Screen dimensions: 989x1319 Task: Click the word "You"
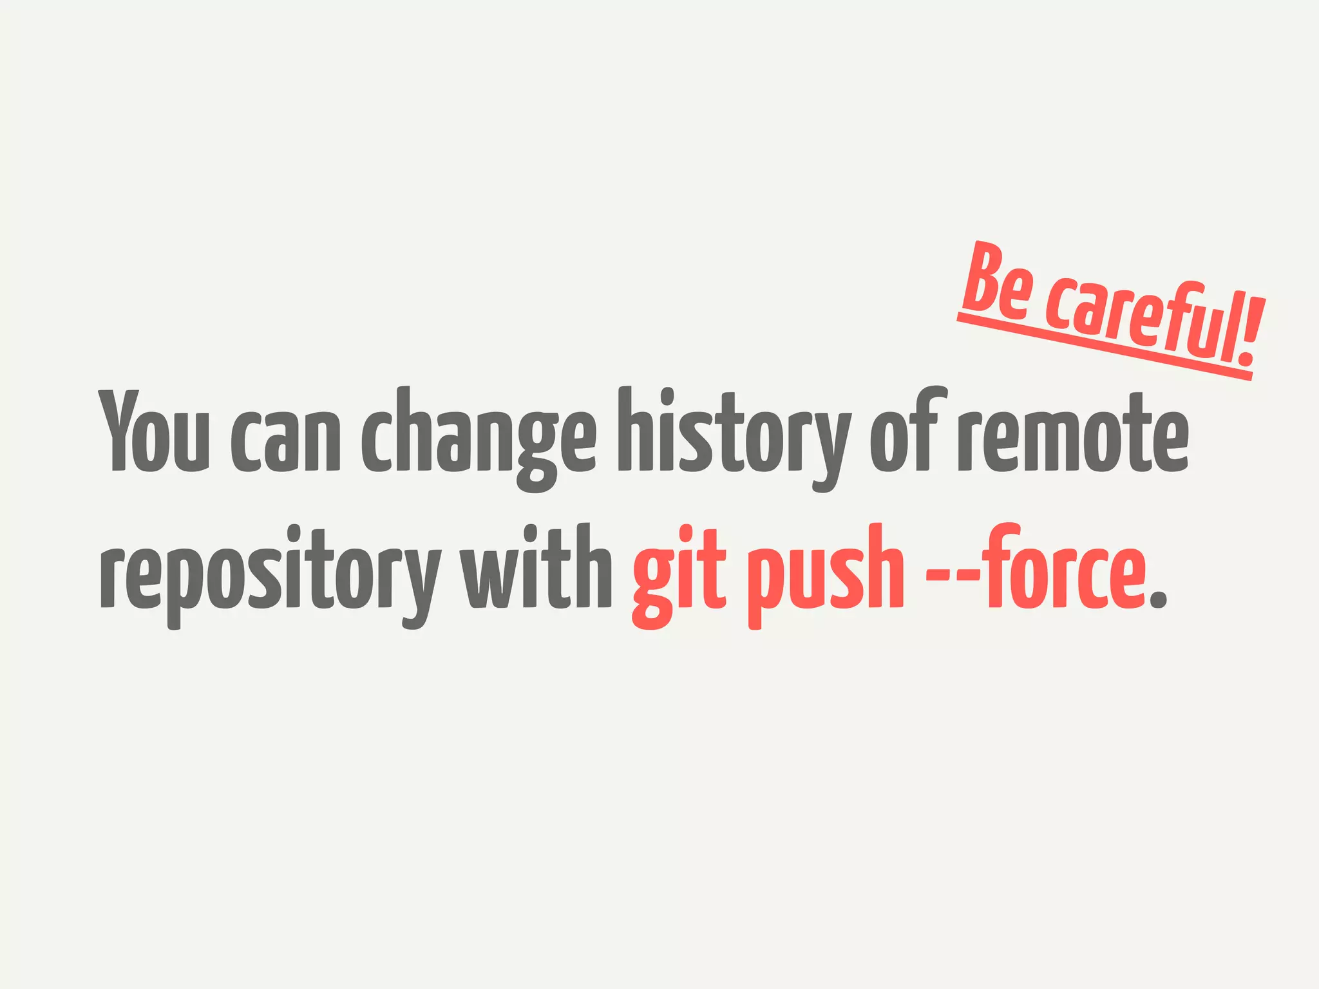click(x=153, y=431)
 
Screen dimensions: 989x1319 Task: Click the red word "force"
click(x=1063, y=567)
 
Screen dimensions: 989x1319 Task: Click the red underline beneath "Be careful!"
click(x=1104, y=349)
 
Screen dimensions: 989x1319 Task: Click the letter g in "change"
click(x=536, y=451)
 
